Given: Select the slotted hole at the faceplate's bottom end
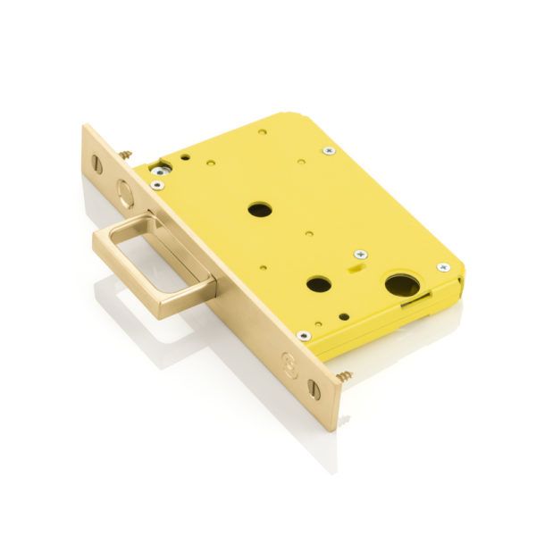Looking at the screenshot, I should coord(313,389).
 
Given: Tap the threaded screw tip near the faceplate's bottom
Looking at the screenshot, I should coord(345,374).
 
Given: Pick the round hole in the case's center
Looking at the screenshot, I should coord(259,210).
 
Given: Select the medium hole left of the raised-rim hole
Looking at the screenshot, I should coord(319,285).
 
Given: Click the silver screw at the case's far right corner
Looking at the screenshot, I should coord(443,267).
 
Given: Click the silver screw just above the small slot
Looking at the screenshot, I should coord(359,255).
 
